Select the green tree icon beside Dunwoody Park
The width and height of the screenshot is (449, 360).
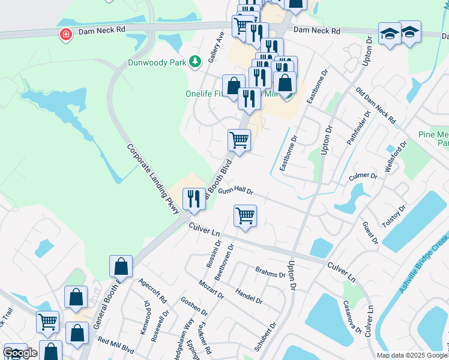coord(194,61)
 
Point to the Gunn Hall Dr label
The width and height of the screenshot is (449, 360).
coord(236,191)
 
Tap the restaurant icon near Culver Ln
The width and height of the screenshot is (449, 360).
coord(194,199)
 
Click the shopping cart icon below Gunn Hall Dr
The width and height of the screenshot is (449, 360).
coord(245,215)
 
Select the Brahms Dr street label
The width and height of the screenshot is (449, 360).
coord(270,271)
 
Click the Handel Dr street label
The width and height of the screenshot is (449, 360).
coord(249,295)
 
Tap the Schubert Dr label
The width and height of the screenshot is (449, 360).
coord(264,336)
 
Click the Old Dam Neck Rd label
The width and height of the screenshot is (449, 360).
coord(376,107)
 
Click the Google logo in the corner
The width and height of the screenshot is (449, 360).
coord(20,353)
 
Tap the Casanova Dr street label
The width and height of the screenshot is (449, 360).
coord(352,318)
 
